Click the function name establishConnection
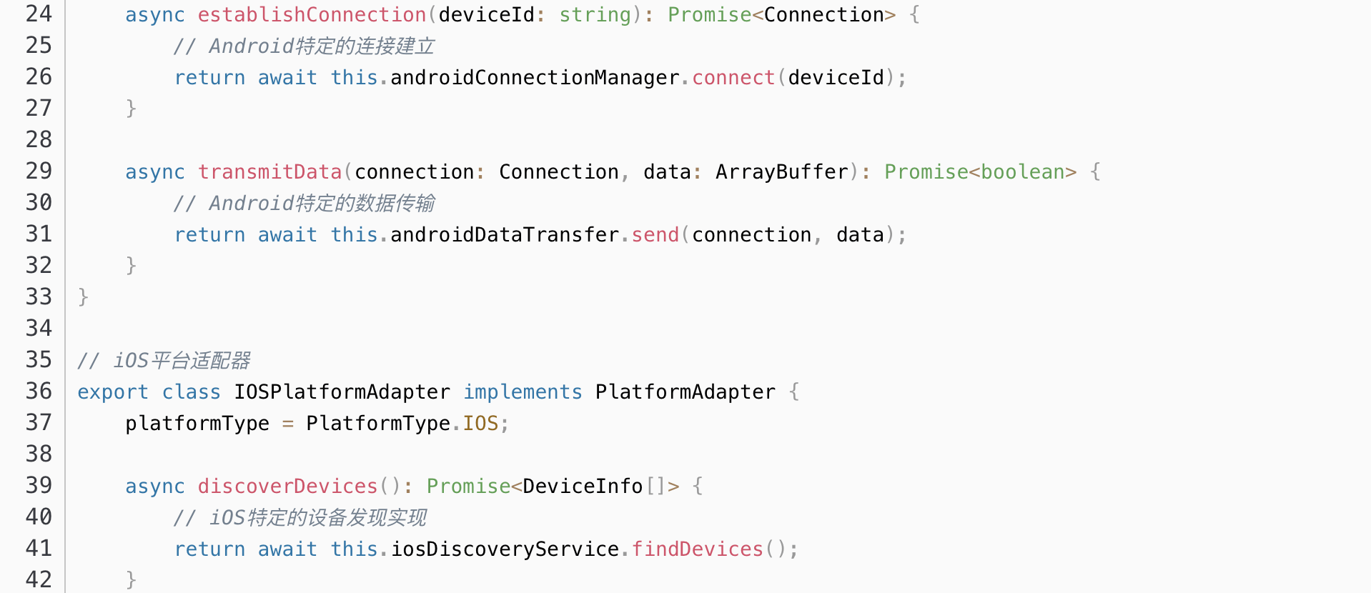pos(312,15)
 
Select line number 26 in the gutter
pos(39,77)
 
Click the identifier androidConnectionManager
pos(535,78)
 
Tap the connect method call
pos(733,78)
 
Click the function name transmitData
pos(269,172)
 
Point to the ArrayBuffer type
pos(781,172)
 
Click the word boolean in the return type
pos(1022,172)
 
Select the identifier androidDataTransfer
pos(505,235)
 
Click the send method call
pos(655,235)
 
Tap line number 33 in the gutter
pos(39,297)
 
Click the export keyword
pos(113,392)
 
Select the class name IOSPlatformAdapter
pos(342,392)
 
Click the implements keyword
pos(523,392)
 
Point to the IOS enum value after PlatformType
pos(480,424)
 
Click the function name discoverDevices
pos(287,487)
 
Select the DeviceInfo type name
pos(583,487)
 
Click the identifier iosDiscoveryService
pos(505,549)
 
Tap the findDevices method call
pos(697,549)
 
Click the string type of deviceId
pos(595,15)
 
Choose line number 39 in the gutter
pos(39,486)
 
